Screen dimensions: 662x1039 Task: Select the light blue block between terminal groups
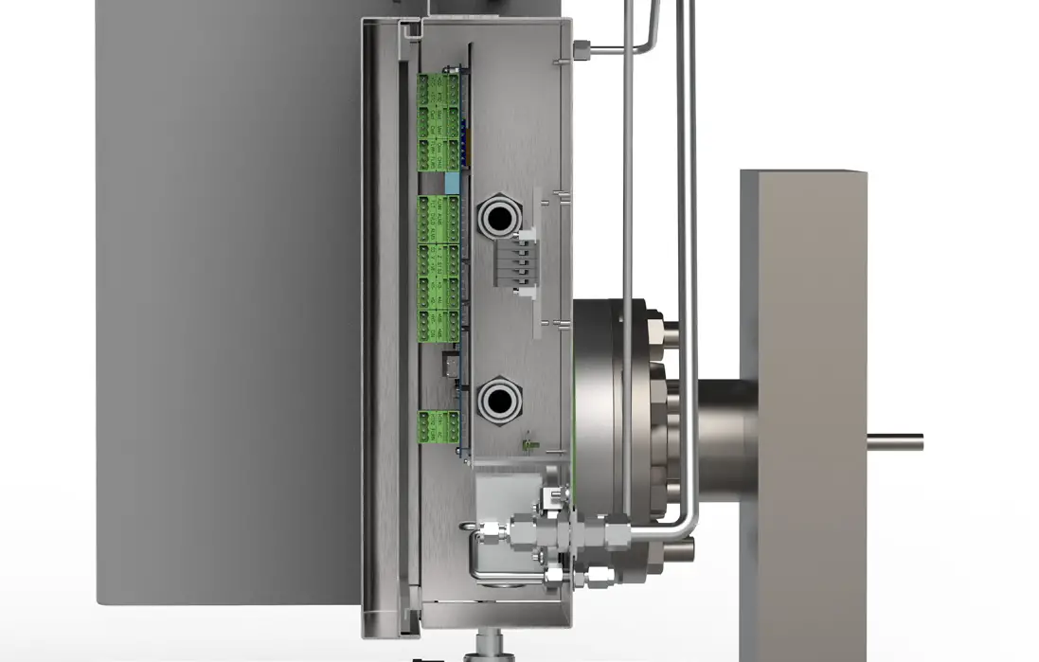[x=451, y=183]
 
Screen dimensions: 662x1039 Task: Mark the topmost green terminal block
[x=438, y=90]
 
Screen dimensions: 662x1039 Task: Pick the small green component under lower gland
[x=530, y=442]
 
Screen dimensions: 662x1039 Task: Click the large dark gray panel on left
[x=227, y=303]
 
